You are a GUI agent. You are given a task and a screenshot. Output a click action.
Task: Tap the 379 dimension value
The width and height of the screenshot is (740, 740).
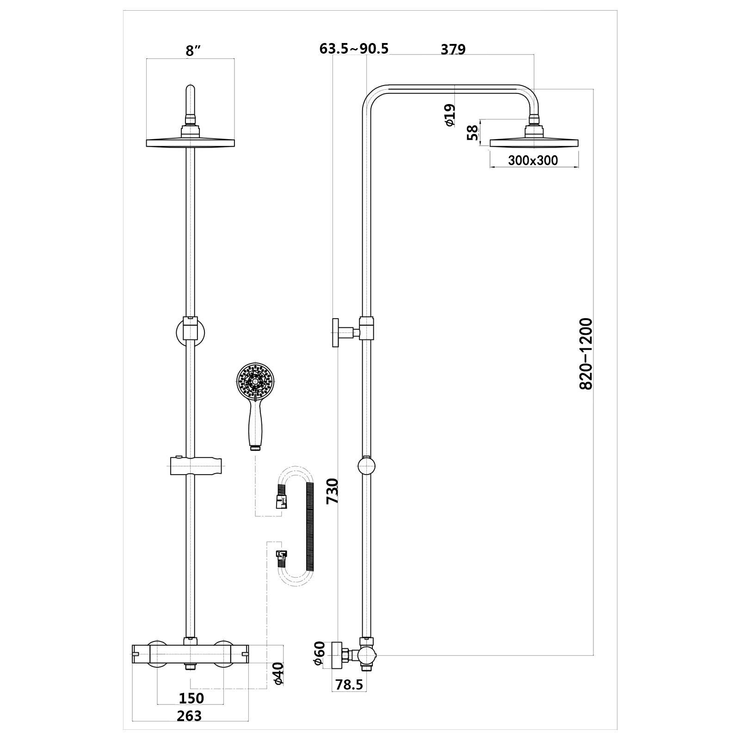tap(453, 49)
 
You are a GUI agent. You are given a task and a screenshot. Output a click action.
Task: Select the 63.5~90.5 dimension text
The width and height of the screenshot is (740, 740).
tap(354, 49)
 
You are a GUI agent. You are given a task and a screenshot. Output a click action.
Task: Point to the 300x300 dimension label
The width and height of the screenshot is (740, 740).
tap(533, 160)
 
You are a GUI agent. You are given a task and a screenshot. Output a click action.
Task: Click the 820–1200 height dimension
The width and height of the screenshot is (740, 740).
tap(586, 354)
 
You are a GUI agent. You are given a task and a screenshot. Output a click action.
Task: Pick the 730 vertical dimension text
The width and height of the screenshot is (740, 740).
tap(333, 491)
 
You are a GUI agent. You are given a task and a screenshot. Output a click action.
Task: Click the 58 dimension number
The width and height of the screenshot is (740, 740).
tap(472, 132)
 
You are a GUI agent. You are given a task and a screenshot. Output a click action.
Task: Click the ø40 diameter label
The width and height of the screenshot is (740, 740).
tap(277, 673)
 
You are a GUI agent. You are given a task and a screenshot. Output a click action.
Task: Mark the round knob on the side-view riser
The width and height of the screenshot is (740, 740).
tap(367, 466)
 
